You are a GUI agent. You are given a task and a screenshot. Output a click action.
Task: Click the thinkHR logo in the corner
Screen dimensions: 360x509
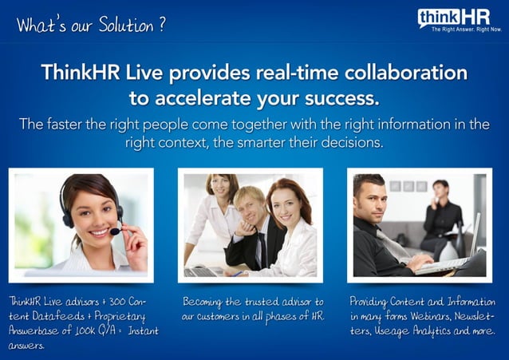click(x=453, y=18)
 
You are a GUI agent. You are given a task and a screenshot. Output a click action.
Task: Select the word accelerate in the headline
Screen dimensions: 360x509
click(x=211, y=99)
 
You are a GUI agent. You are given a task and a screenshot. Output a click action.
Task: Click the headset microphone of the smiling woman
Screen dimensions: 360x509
click(x=113, y=230)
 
